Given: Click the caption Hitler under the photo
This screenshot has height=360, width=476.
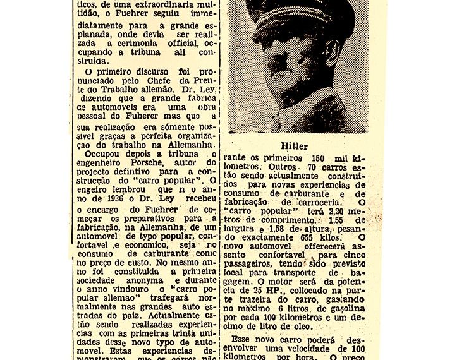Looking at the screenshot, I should point(296,147).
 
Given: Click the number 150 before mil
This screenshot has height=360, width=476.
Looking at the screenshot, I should point(319,157).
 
